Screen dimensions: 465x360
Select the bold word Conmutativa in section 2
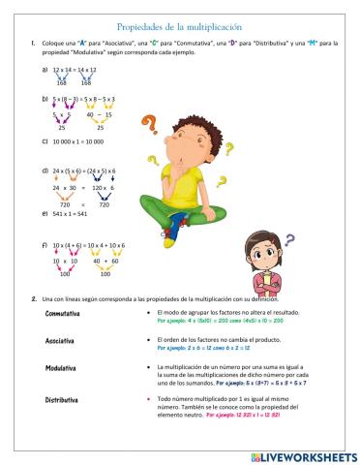click(63, 315)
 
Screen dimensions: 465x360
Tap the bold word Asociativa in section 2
click(60, 341)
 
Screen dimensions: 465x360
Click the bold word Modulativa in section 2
click(61, 369)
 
